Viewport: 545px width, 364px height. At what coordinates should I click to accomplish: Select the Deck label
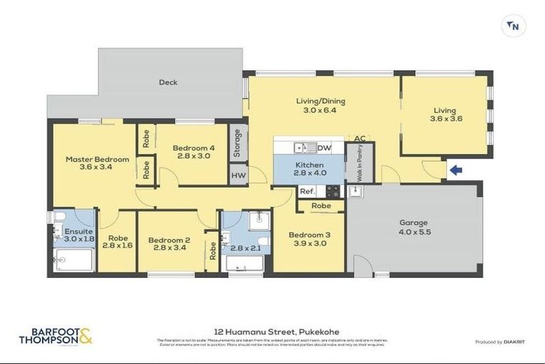coord(168,82)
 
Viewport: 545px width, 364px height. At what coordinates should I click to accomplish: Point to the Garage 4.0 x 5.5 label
coord(415,227)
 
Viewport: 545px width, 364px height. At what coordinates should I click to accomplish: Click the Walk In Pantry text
coord(360,163)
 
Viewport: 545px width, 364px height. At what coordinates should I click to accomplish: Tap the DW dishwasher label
coord(324,148)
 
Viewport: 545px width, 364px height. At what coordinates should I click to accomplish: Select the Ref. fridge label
coord(307,191)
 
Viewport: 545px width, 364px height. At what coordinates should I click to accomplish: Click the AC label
coord(360,139)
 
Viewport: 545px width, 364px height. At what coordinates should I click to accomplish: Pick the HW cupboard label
coord(238,174)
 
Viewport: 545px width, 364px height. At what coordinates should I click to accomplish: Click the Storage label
coord(238,143)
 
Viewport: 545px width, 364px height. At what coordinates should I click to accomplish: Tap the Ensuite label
coord(74,231)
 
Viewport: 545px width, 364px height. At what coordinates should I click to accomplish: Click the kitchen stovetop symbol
coord(332,191)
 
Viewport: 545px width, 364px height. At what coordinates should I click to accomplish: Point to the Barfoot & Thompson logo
coord(55,336)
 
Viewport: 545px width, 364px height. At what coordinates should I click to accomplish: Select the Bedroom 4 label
coord(193,148)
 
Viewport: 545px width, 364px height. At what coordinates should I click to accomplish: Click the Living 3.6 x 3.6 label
coord(446,114)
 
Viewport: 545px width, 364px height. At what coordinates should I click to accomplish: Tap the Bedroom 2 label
coord(169,240)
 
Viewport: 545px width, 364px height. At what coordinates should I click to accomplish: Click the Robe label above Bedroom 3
coord(321,206)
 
